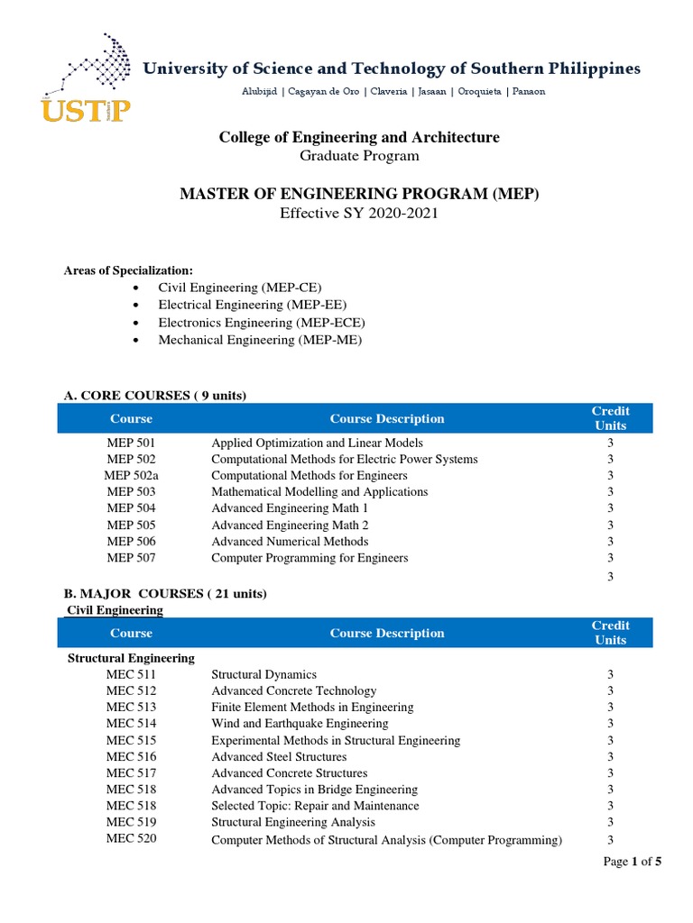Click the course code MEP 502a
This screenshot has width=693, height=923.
131,476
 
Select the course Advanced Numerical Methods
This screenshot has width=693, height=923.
290,542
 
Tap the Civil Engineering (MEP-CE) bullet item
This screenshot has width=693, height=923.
239,288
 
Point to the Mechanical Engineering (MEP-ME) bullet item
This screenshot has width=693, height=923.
260,340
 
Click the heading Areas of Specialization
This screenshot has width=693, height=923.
127,270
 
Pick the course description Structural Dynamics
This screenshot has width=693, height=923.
263,674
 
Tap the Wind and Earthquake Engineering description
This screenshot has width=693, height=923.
300,724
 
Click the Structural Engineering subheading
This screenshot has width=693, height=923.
132,658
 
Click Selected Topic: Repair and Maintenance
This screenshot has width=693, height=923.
315,806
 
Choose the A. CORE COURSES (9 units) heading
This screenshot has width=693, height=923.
153,396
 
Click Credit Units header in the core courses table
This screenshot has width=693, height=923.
611,418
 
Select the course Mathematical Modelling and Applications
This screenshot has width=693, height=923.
319,492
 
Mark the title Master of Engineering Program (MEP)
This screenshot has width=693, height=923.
359,194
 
